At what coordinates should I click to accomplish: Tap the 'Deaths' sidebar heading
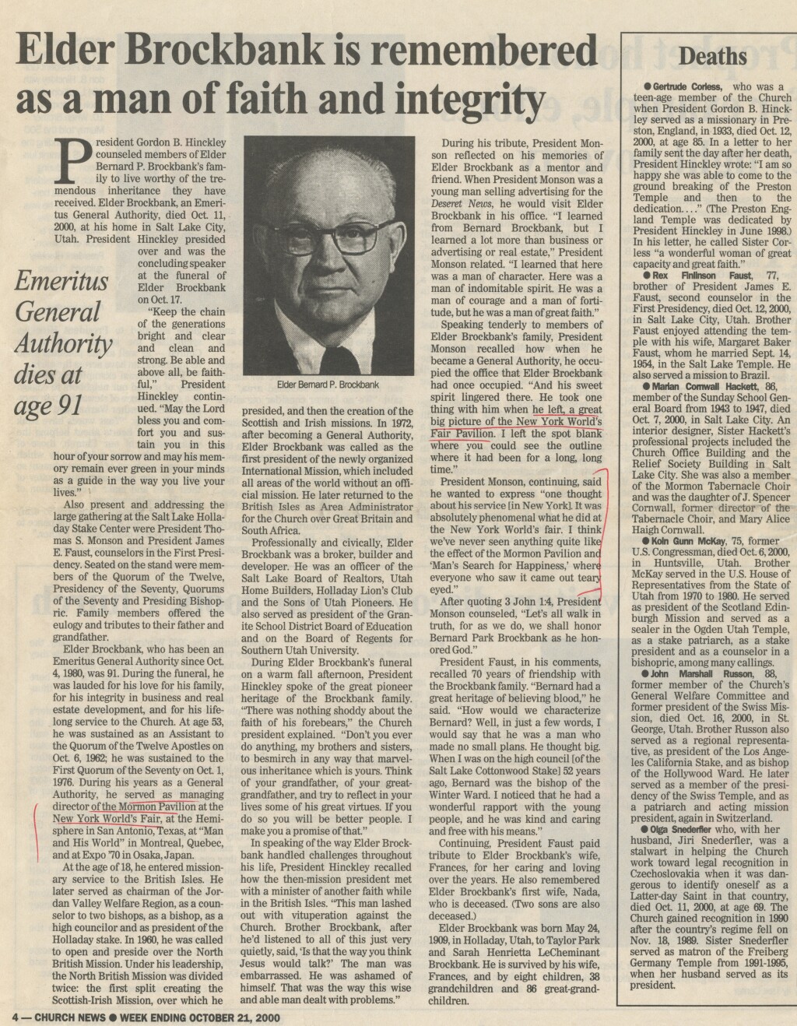tap(713, 56)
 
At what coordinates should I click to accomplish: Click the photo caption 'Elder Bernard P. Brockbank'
tap(328, 385)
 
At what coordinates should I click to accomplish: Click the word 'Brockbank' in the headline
tap(240, 52)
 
